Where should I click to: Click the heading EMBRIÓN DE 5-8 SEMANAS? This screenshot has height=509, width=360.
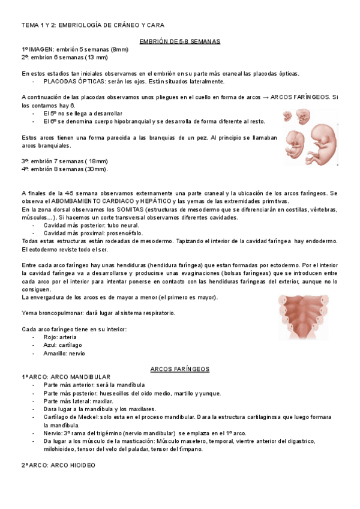coord(179,41)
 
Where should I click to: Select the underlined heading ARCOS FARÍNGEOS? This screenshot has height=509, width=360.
coord(179,369)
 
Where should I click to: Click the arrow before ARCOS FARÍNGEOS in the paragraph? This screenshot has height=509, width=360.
coord(266,97)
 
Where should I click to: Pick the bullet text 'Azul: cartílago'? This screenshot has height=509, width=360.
coord(63,345)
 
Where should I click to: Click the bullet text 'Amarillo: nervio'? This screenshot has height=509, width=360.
coord(64,354)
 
